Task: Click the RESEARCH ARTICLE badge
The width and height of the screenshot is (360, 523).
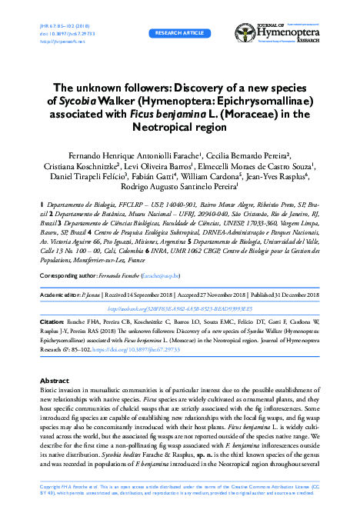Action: [180, 35]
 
